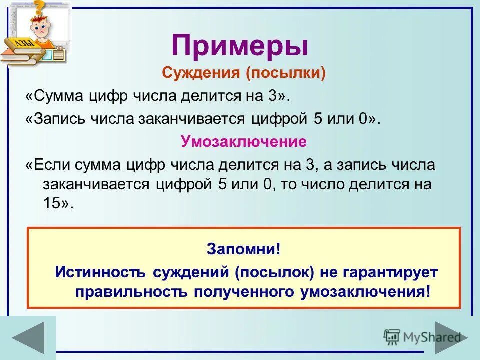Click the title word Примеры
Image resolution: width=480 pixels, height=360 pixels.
(240, 45)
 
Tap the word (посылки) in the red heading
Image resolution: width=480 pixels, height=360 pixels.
(285, 74)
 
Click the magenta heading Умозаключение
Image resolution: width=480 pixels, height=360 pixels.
(243, 142)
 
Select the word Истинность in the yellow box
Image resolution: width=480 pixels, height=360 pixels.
(96, 272)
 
